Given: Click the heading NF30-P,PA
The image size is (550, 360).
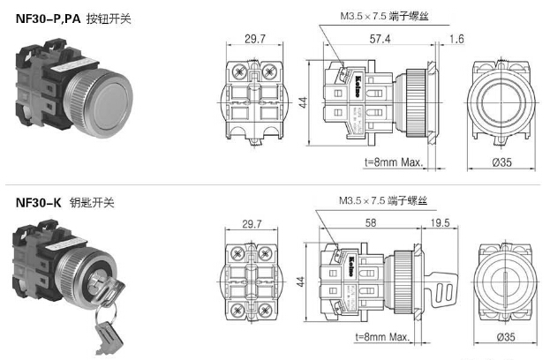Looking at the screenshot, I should [x=48, y=17].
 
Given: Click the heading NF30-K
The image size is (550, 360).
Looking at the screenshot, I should [x=38, y=202].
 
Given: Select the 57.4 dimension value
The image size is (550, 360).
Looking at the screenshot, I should [x=381, y=40].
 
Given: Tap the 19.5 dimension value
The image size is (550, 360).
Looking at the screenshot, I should [x=442, y=222].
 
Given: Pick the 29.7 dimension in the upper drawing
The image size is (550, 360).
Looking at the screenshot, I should [x=254, y=40].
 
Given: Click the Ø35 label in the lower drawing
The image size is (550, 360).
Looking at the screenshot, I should [x=507, y=337].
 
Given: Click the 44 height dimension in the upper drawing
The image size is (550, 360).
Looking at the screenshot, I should [x=304, y=103].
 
